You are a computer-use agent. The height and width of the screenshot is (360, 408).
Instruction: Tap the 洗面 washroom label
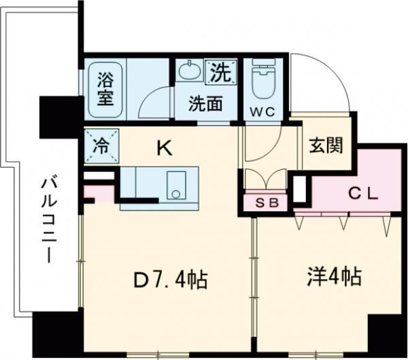(x=205, y=105)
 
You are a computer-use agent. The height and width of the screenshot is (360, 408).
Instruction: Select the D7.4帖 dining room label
(x=170, y=279)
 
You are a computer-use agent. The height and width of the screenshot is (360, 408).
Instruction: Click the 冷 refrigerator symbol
(x=101, y=145)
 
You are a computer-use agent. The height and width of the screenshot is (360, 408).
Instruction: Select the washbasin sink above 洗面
(x=187, y=71)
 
